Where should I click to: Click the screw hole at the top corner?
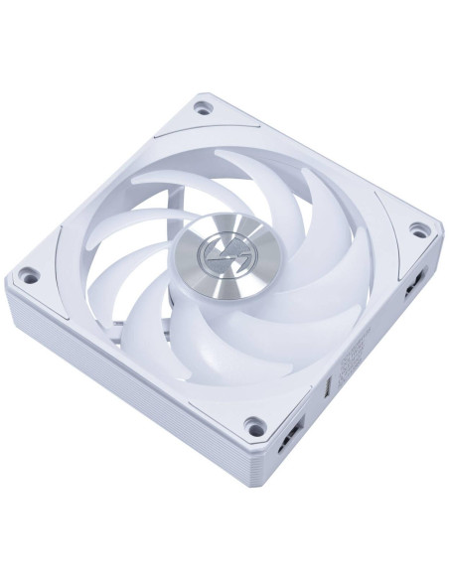pyautogui.click(x=204, y=103)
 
